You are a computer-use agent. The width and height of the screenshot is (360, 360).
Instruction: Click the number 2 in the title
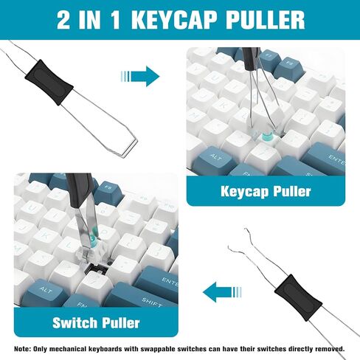(x=66, y=19)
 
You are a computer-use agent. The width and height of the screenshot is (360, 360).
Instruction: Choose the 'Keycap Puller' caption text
(x=265, y=192)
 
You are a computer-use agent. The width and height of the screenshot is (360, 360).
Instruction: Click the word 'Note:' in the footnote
(x=24, y=347)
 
